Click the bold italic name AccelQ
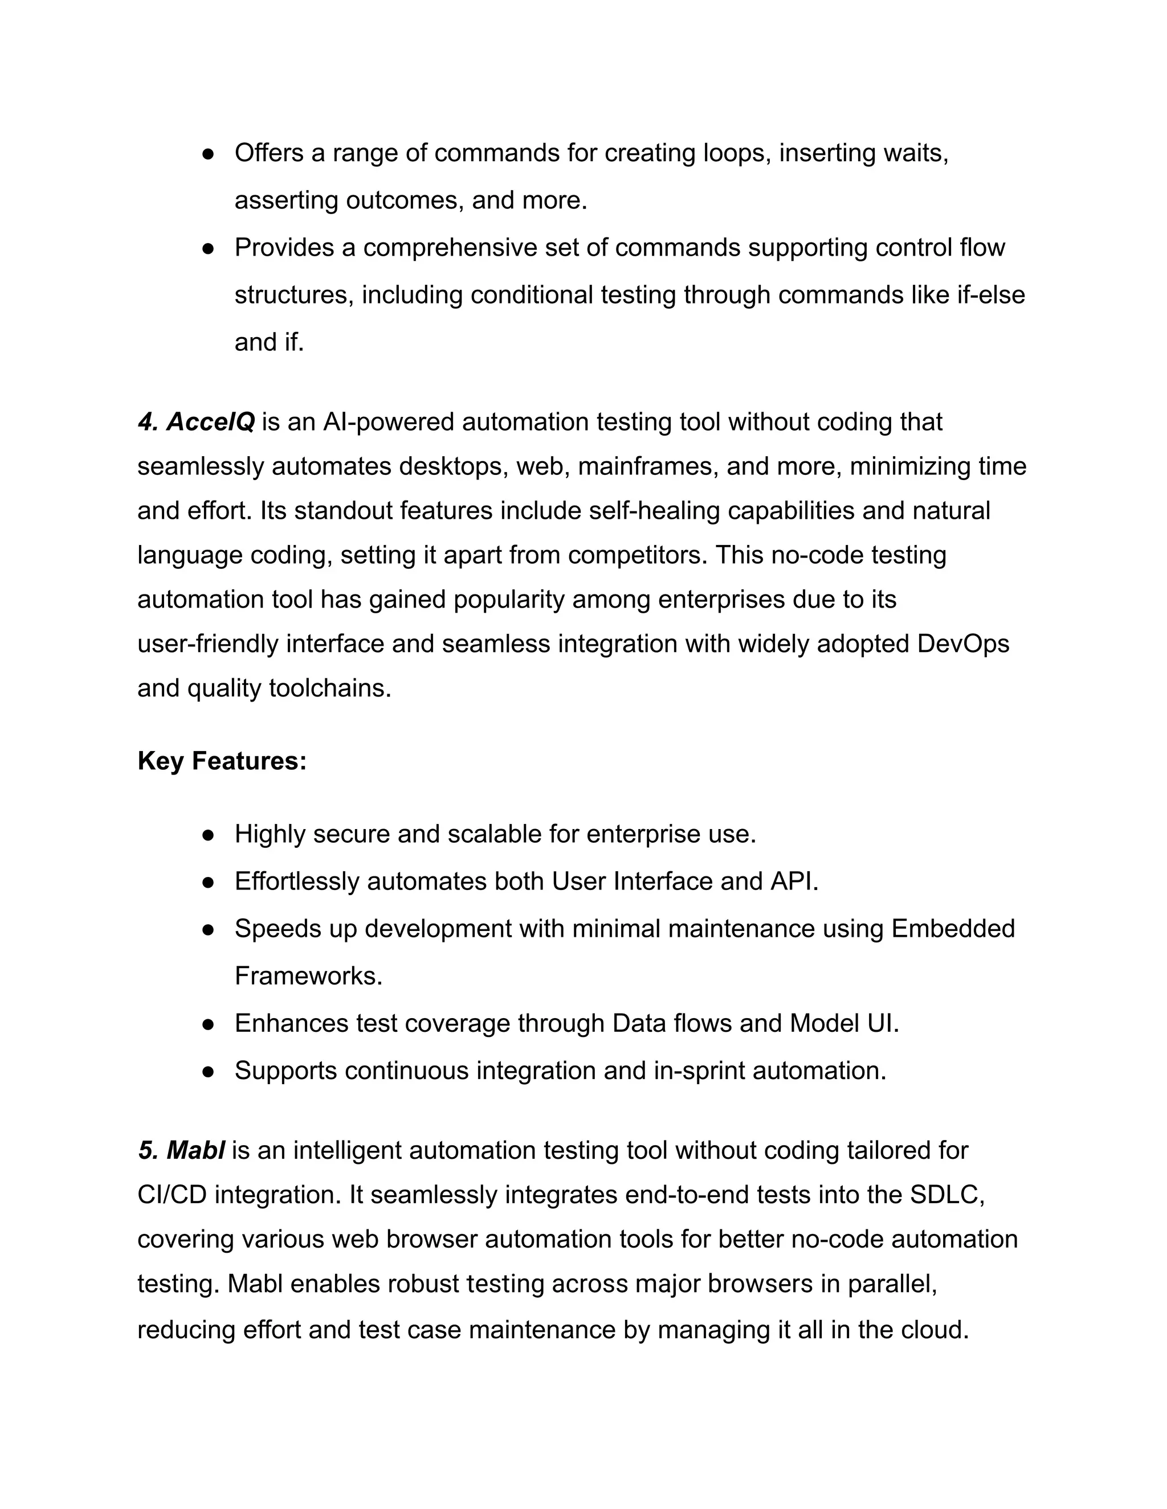[210, 421]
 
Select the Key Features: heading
[222, 761]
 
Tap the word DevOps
[963, 643]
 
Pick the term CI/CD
[172, 1194]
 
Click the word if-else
[991, 295]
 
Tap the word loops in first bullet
[737, 153]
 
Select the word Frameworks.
[308, 975]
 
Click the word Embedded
[953, 929]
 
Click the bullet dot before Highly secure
[207, 835]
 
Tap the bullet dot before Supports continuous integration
[207, 1071]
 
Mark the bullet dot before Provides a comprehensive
[207, 248]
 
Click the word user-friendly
[208, 643]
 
